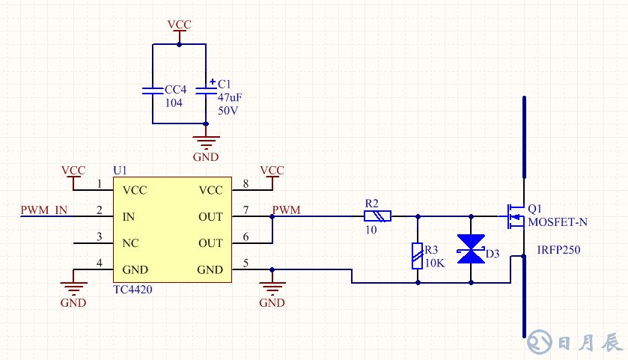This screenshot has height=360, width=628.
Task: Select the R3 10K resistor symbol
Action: click(x=417, y=255)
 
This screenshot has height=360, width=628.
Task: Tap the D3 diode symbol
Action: click(x=472, y=249)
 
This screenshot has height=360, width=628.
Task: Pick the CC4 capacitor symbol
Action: click(x=152, y=91)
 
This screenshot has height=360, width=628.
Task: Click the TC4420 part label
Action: click(x=132, y=288)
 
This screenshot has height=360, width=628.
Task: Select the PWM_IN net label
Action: click(x=44, y=210)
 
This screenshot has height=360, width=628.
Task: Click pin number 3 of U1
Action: click(x=100, y=237)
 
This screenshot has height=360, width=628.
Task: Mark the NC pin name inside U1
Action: click(x=129, y=243)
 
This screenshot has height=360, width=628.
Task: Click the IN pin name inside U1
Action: click(x=128, y=217)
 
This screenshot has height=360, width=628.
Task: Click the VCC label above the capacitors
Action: click(x=180, y=25)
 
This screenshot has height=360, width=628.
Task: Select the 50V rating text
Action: click(x=228, y=110)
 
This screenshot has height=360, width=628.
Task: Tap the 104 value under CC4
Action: click(x=174, y=103)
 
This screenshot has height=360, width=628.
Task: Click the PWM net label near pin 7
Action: click(x=287, y=210)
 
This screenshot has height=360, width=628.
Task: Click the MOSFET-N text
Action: click(x=558, y=222)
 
